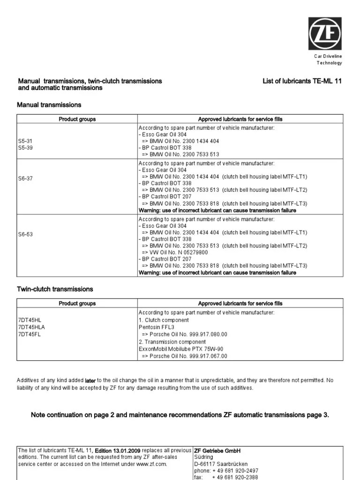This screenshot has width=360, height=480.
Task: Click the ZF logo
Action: pyautogui.click(x=325, y=34)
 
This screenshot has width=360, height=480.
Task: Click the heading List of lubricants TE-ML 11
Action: pyautogui.click(x=302, y=81)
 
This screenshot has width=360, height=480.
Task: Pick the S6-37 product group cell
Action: pyautogui.click(x=25, y=178)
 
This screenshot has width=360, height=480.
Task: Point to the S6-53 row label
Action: pyautogui.click(x=25, y=233)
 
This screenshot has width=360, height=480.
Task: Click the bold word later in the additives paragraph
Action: pyautogui.click(x=90, y=381)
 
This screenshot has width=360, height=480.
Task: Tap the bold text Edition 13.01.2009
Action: pyautogui.click(x=120, y=450)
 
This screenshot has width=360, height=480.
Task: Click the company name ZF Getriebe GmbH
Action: pyautogui.click(x=217, y=450)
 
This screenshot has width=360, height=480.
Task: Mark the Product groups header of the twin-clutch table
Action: pyautogui.click(x=77, y=303)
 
